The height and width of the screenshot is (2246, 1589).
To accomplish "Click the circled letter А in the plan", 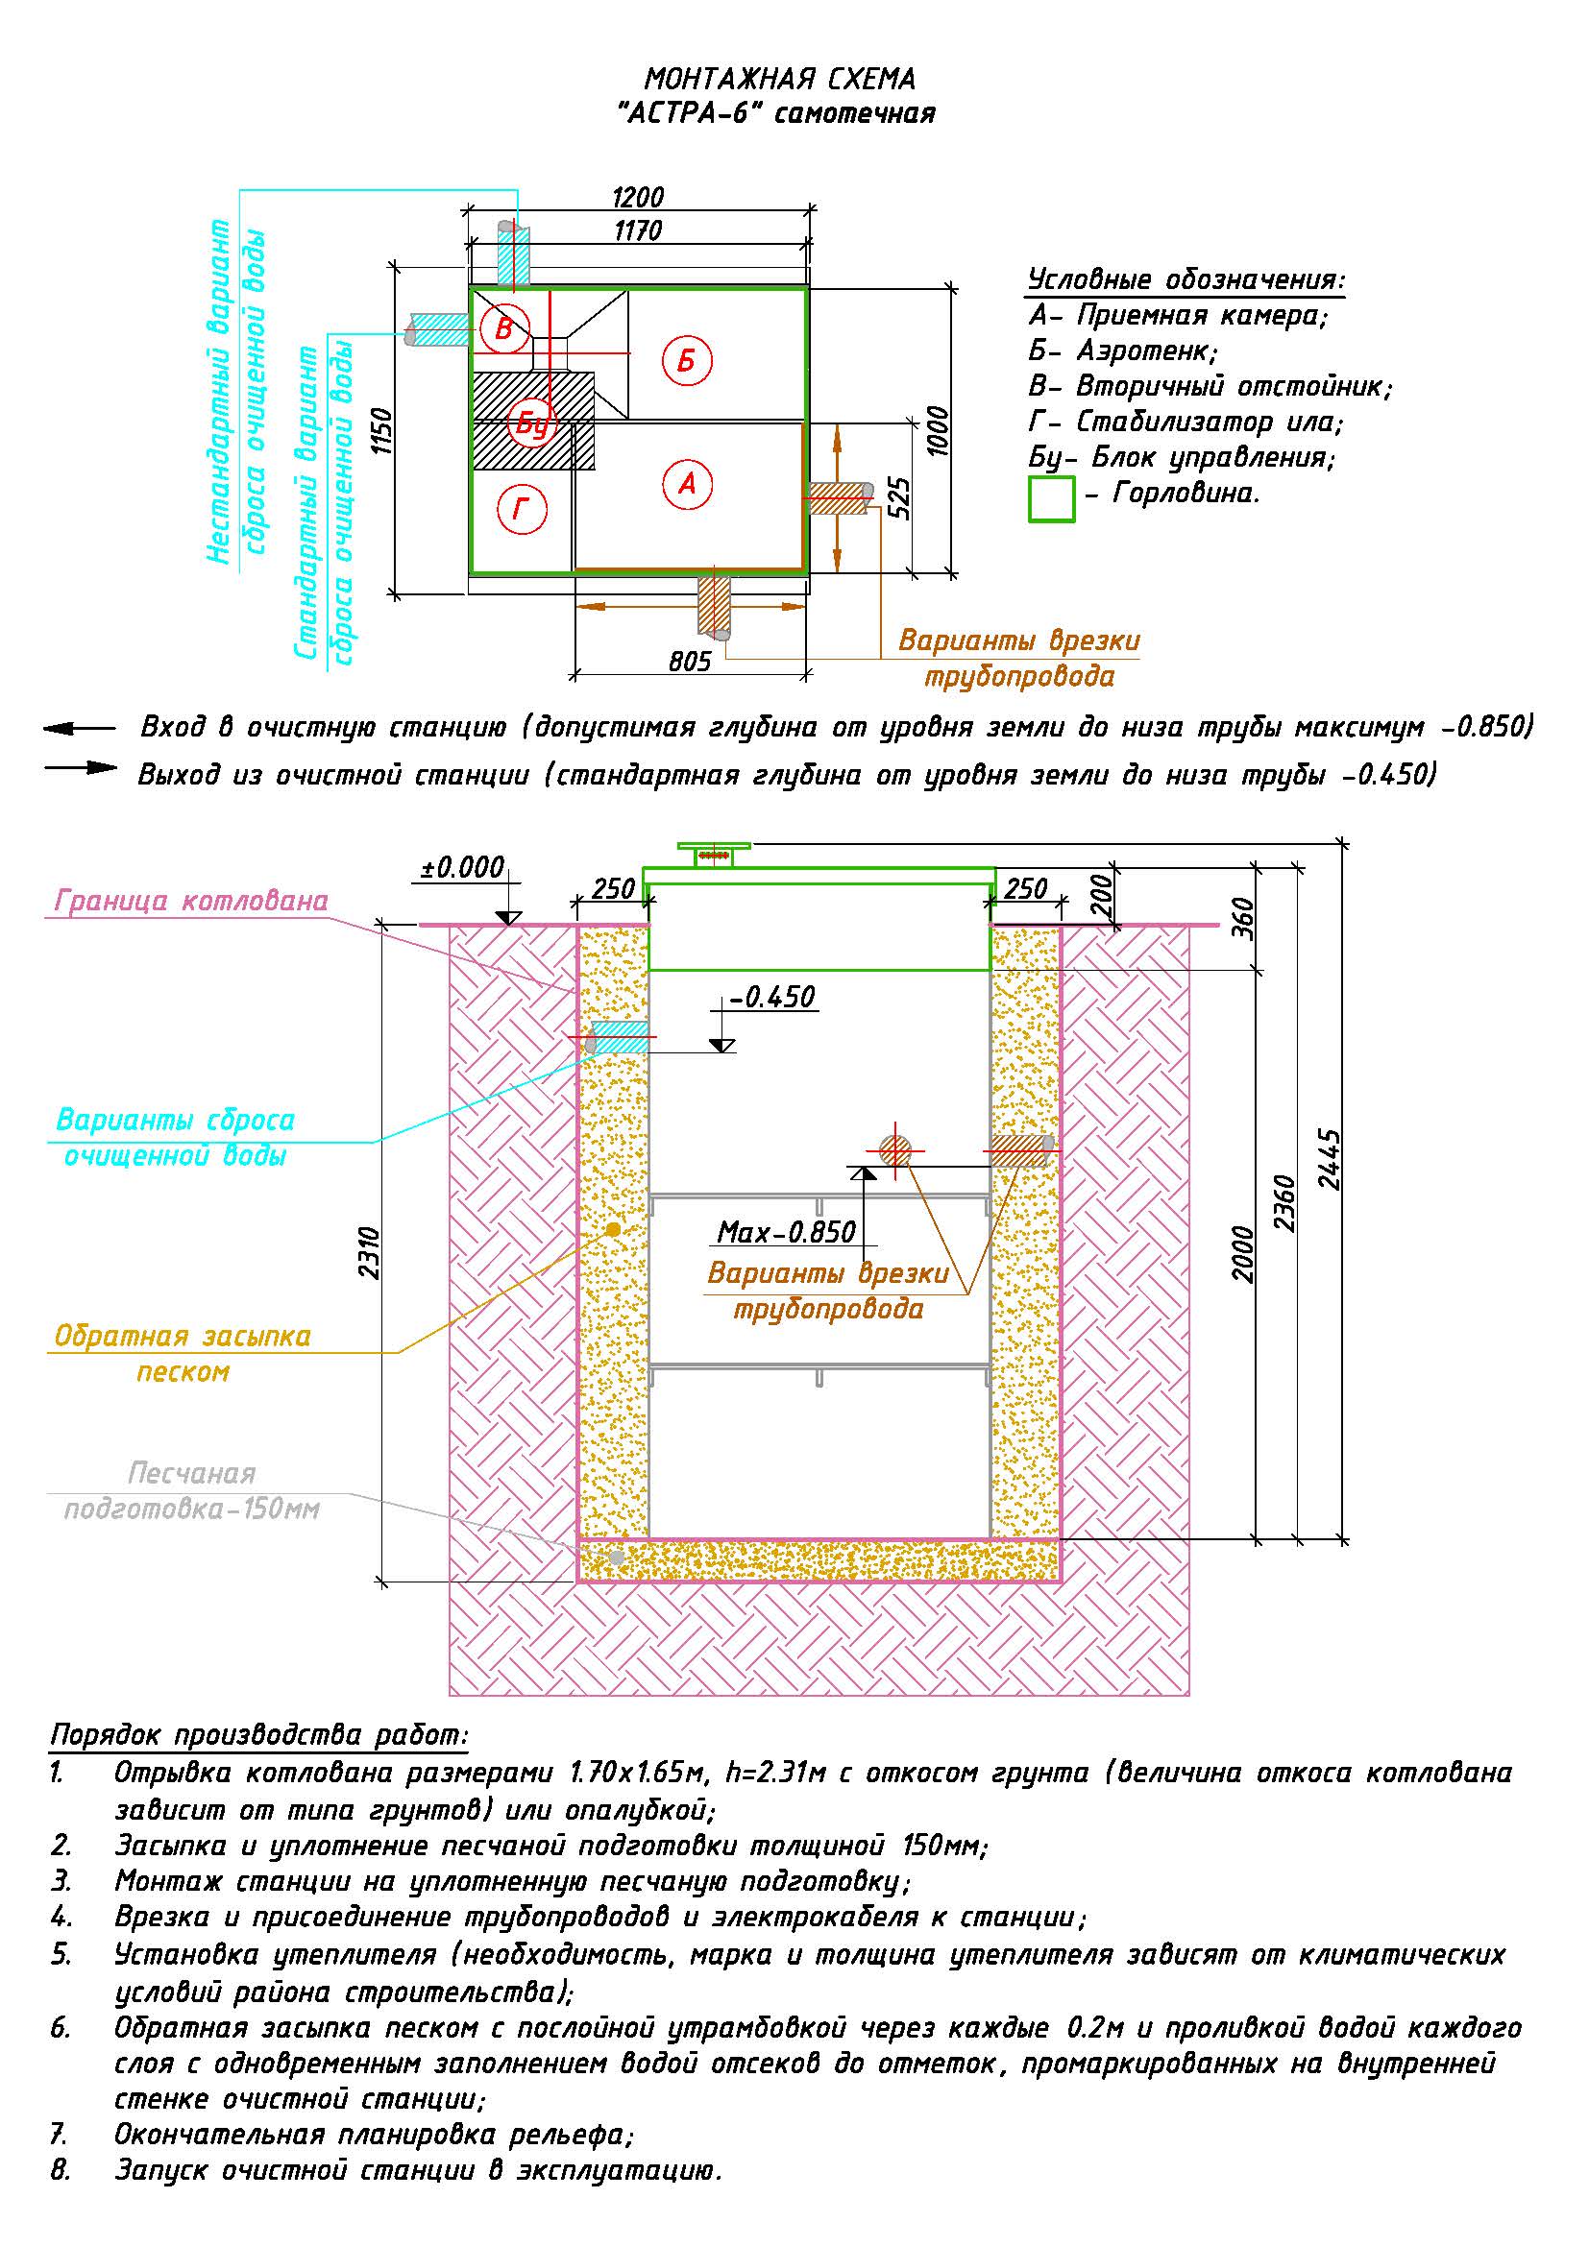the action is click(x=687, y=483).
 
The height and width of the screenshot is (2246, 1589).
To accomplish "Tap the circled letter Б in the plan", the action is click(x=687, y=361).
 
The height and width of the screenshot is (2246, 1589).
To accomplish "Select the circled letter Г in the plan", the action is click(x=522, y=509).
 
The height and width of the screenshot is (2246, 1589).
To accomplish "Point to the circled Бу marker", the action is click(x=532, y=424).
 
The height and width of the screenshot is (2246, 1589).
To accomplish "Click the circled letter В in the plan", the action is click(x=504, y=328).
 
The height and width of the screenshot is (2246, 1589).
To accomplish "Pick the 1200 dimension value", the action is click(x=638, y=198).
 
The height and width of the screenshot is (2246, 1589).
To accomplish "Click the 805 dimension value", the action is click(x=690, y=663).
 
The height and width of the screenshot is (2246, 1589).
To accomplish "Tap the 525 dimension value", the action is click(x=900, y=498).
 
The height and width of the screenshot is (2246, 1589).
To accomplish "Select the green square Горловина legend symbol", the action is click(x=1052, y=499).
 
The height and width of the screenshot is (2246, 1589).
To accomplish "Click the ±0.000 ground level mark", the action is click(x=463, y=868).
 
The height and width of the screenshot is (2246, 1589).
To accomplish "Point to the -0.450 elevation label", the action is click(x=772, y=997).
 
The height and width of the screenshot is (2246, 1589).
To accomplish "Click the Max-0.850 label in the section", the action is click(x=787, y=1232).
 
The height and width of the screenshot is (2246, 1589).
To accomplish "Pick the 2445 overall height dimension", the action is click(x=1329, y=1159).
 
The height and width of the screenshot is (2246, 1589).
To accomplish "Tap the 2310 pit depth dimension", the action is click(x=369, y=1253).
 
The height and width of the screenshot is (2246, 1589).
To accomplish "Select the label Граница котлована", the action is click(x=192, y=900).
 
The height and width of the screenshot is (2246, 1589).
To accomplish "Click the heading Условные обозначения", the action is click(x=1186, y=279).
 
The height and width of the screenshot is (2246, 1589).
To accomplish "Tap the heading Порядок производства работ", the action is click(x=259, y=1736).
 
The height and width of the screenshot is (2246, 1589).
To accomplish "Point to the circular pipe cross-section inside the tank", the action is click(x=894, y=1150).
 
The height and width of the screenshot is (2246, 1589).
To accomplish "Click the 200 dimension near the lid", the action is click(x=1103, y=895).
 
